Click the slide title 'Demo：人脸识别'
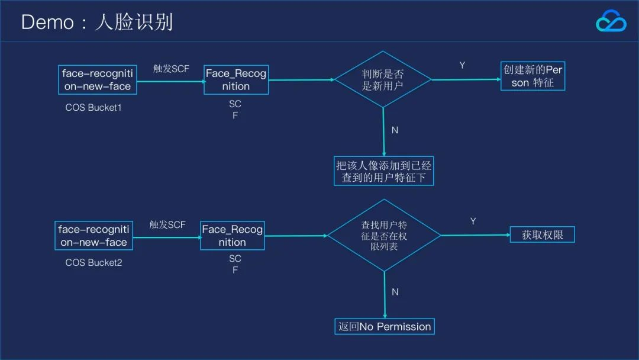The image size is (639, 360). [97, 22]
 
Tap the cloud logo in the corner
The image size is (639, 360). [611, 22]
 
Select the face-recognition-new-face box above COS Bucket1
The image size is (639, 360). [98, 80]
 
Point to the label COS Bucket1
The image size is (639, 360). [93, 108]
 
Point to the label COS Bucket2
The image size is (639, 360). [93, 262]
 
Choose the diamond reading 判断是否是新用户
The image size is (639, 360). [383, 79]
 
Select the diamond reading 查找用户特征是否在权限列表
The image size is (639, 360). [384, 235]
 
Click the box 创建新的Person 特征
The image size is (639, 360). [532, 76]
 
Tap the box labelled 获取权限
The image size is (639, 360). [542, 235]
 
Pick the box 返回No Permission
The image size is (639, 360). [385, 326]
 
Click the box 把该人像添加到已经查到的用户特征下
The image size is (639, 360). [383, 171]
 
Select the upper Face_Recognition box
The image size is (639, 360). [235, 80]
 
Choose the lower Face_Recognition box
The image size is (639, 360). [232, 236]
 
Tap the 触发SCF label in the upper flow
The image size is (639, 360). [171, 69]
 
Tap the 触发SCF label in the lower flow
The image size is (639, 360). [167, 224]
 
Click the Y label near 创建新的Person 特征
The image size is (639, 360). [462, 65]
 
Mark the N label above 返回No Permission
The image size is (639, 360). [395, 292]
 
